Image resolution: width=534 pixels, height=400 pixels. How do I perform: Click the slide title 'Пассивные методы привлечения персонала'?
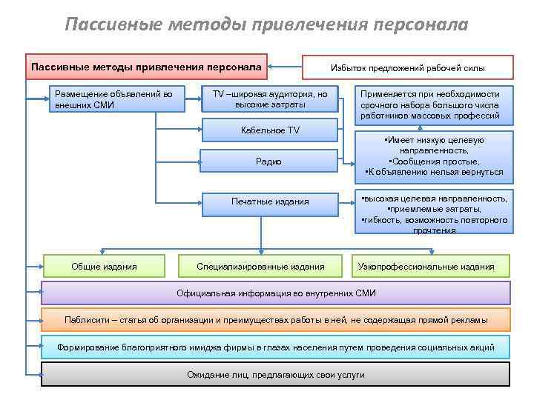pos(266,25)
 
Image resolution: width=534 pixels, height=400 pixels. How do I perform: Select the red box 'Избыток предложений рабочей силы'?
pos(407,67)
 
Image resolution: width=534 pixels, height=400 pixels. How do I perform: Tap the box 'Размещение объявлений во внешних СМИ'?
pos(114,99)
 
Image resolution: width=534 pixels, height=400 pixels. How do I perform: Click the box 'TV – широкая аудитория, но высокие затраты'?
pos(270,99)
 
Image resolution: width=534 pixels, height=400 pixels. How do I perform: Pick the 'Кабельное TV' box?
pos(270,130)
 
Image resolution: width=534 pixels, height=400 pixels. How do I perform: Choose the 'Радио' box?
pos(270,161)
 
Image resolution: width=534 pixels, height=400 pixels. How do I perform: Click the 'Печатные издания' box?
pos(270,201)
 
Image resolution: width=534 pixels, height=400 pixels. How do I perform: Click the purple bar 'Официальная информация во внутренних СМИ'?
pos(276,293)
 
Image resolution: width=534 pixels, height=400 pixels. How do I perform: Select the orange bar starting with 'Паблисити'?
pos(276,320)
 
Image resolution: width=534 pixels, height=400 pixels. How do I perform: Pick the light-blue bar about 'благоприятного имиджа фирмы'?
pos(276,347)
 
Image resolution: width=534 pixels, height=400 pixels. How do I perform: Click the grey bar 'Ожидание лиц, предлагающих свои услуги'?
pos(276,374)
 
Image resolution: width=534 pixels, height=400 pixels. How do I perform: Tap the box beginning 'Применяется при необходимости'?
pos(430,105)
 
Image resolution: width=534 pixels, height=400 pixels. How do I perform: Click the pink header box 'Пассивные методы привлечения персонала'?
pos(146,67)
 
